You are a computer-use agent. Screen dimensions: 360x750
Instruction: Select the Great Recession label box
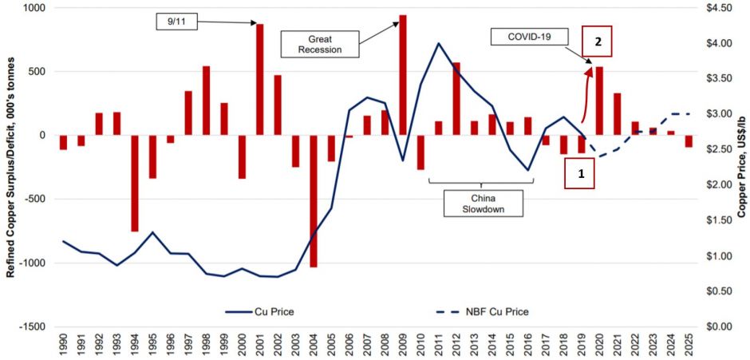319,43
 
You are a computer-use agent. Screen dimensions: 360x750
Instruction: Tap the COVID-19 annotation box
527,37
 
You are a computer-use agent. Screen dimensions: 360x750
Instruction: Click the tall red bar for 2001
260,80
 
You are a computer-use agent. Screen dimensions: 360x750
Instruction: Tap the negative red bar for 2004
314,200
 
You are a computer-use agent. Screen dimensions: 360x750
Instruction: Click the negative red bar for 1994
136,183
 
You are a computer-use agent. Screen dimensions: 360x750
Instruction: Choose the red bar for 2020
599,101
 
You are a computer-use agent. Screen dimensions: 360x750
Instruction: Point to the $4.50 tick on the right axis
714,7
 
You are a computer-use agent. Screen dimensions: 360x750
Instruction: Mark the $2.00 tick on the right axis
714,184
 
